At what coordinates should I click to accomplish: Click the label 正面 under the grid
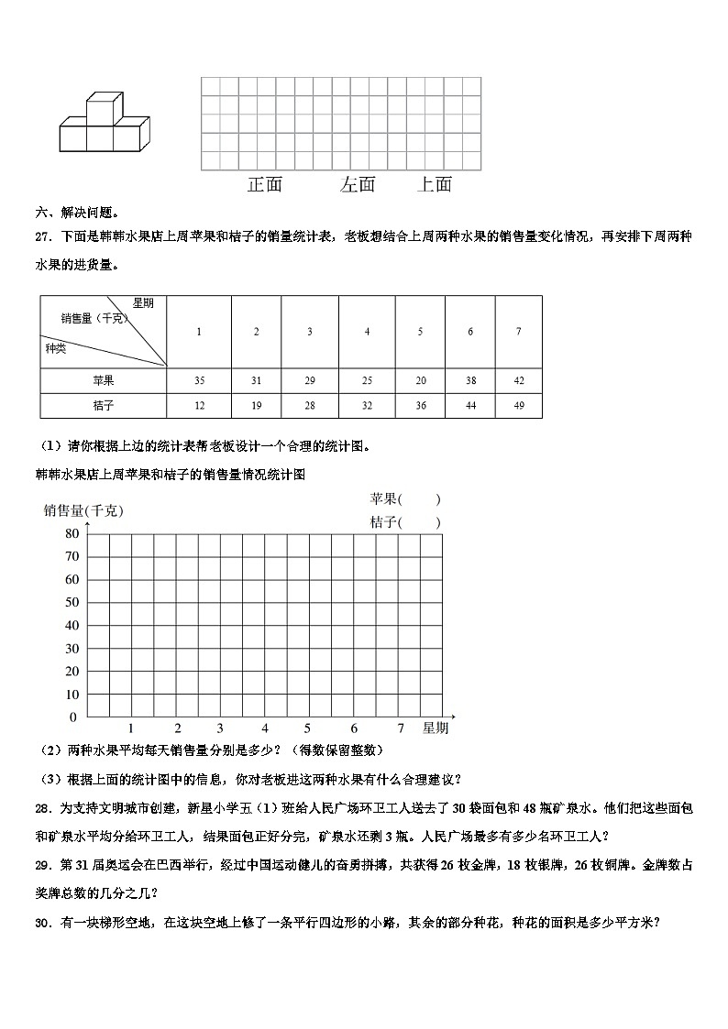click(265, 184)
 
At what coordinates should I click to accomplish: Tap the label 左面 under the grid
click(358, 184)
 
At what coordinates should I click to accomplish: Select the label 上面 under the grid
click(435, 184)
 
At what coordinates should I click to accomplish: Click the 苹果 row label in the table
click(104, 380)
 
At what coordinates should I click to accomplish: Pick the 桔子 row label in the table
click(104, 405)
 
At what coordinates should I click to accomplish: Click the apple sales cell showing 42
click(519, 380)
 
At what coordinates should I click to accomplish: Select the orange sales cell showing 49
click(519, 405)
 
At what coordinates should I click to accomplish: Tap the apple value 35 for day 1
click(199, 380)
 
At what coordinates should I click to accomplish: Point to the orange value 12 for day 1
click(199, 405)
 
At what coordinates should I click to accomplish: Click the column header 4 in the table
click(367, 332)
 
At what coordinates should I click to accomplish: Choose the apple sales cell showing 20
click(420, 380)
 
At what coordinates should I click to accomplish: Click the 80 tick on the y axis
click(72, 534)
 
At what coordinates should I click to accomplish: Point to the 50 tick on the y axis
click(72, 603)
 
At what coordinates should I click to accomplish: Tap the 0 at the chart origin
click(74, 717)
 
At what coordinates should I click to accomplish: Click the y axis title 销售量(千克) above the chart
click(83, 511)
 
